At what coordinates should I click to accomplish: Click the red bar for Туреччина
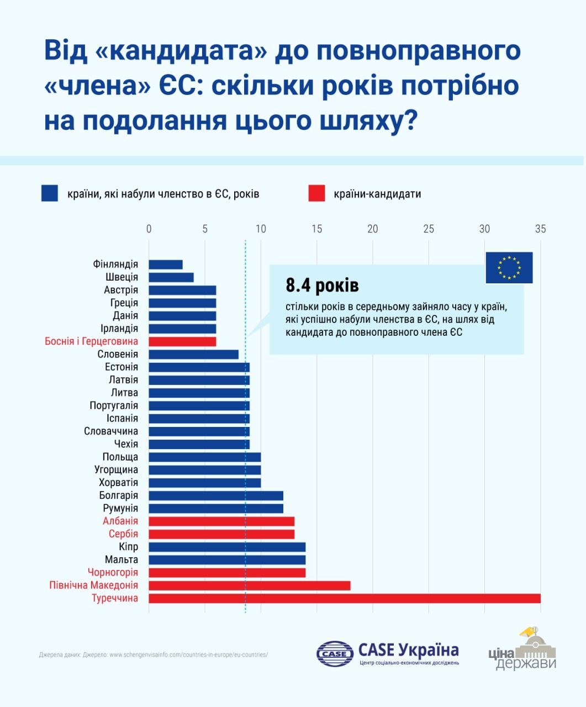345,598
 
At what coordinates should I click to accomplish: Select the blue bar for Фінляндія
166,265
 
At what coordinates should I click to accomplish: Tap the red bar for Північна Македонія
250,585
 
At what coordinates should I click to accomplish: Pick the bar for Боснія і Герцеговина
182,341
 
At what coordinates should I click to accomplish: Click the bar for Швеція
171,277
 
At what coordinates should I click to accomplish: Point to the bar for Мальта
227,560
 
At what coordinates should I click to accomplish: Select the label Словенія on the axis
118,354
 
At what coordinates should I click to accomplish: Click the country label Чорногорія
113,572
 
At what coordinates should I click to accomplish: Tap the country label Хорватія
118,483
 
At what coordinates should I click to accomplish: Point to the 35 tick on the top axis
540,229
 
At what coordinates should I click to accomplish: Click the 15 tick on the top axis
316,229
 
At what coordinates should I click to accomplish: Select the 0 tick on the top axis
149,229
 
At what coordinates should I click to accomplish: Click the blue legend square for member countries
50,193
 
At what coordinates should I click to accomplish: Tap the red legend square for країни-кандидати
316,193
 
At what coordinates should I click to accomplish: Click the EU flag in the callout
509,268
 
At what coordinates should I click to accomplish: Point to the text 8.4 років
322,286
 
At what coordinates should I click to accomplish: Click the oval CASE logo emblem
335,654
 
